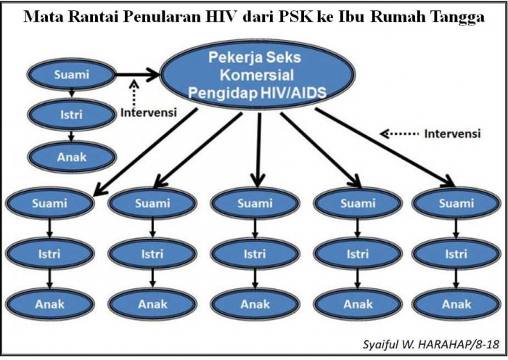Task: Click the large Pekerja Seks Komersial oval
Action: [x=258, y=75]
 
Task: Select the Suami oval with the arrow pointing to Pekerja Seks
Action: [x=71, y=75]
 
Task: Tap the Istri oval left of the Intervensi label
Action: [x=71, y=115]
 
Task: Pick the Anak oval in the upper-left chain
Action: [x=72, y=157]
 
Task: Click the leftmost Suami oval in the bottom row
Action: [x=49, y=203]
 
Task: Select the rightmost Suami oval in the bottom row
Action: [x=456, y=203]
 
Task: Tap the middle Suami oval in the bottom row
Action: [x=255, y=203]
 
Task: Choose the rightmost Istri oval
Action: [x=456, y=254]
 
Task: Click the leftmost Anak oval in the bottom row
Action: [x=49, y=304]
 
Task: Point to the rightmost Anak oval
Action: [x=456, y=304]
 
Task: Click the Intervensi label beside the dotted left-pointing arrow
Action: [x=452, y=134]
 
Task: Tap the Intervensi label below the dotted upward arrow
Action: [x=149, y=112]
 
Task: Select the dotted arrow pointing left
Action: [x=399, y=134]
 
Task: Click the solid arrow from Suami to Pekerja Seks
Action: [x=137, y=75]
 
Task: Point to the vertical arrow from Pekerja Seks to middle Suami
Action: [x=258, y=150]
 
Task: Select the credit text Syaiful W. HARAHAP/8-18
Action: [x=430, y=345]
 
